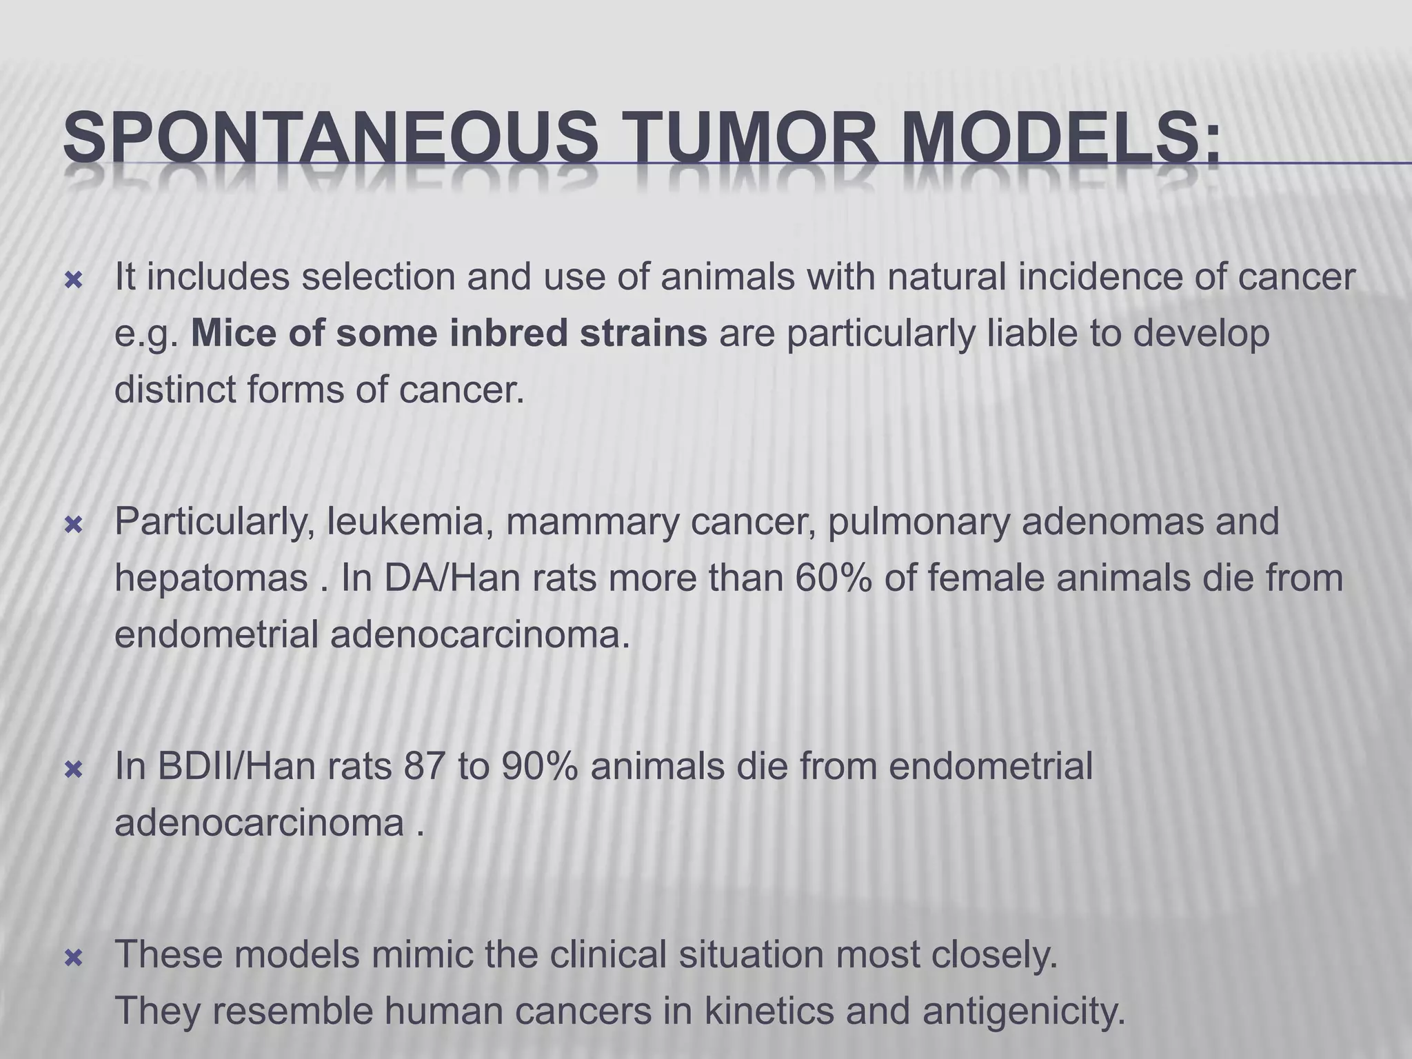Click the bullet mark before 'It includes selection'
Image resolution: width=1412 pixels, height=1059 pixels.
73,281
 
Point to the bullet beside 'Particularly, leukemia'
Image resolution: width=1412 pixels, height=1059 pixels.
73,526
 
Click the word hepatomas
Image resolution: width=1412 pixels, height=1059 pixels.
211,579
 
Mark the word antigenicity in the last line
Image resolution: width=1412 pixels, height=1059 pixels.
1023,1011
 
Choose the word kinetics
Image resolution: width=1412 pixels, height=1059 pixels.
766,1011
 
